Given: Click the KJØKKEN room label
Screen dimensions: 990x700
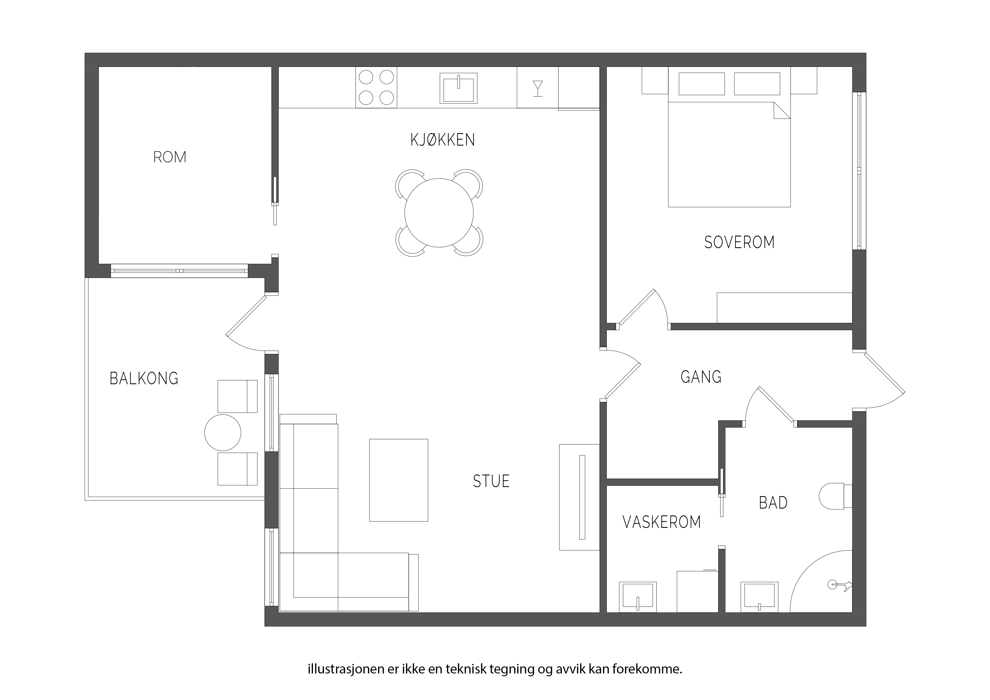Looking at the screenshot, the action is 443,140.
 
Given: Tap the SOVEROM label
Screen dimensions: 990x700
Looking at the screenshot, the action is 739,242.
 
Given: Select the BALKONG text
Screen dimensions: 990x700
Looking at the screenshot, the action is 144,378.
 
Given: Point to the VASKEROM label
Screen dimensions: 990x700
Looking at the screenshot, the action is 662,522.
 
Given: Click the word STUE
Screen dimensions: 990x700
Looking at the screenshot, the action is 491,481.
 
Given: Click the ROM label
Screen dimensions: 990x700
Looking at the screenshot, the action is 170,157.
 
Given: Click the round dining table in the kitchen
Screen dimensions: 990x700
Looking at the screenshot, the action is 439,213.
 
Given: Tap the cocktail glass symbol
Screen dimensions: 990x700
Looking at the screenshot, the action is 538,88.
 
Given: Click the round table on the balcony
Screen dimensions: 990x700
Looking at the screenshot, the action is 222,433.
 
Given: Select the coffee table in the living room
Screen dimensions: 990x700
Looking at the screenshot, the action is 399,480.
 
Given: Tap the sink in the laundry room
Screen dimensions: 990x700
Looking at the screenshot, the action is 638,597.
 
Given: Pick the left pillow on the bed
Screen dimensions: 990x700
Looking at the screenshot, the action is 702,84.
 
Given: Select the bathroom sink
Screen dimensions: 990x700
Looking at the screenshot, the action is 760,597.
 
